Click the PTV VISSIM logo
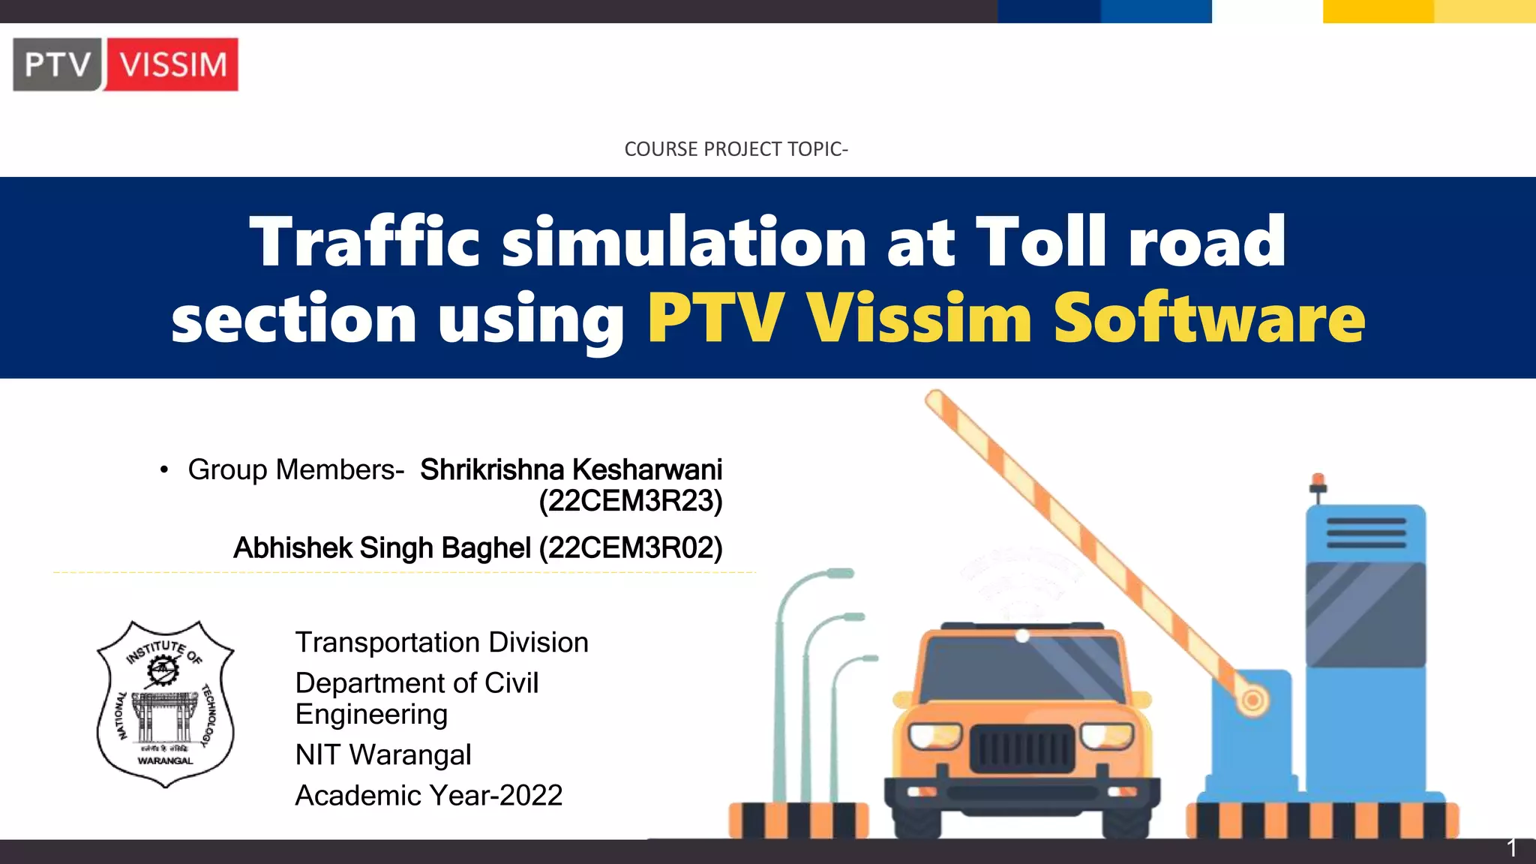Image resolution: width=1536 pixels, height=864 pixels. tap(125, 64)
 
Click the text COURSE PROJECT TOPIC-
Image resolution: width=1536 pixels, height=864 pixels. tap(736, 149)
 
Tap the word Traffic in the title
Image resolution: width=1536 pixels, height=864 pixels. tap(364, 241)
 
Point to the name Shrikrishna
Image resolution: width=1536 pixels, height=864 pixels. tap(491, 469)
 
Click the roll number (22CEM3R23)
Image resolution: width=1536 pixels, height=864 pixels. tap(630, 501)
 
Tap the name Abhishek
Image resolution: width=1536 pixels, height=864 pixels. tap(292, 548)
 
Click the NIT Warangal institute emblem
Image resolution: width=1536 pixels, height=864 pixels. tap(165, 703)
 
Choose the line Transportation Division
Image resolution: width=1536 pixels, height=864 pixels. tap(441, 643)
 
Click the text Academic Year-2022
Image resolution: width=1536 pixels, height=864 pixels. tap(428, 796)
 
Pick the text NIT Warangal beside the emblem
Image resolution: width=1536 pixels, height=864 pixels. tap(382, 754)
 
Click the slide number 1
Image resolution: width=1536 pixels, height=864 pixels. tap(1512, 848)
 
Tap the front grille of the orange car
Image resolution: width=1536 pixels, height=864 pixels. tap(1021, 748)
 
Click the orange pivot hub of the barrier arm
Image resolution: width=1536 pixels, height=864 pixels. tap(1251, 701)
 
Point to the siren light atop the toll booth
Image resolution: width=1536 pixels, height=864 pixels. tap(1318, 481)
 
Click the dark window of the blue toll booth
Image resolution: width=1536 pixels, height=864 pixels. tap(1365, 613)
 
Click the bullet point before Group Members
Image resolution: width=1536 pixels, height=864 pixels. tap(163, 471)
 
